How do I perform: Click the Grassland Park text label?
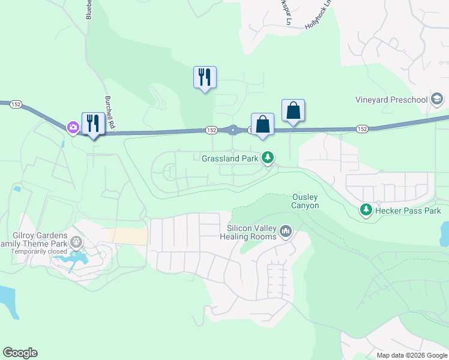pos(230,158)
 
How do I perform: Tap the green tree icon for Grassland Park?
pos(268,158)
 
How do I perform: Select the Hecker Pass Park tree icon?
pos(366,210)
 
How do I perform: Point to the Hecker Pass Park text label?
pos(408,211)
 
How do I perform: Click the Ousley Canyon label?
pos(305,201)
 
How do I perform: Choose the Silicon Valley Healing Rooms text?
pos(252,232)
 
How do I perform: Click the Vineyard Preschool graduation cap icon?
pos(437,99)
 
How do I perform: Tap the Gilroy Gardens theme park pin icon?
pos(76,242)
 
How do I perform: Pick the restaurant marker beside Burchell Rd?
pos(93,124)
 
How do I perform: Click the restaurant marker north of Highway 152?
pos(205,77)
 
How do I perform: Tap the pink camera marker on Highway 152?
pos(73,127)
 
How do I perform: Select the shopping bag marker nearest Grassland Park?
pos(262,124)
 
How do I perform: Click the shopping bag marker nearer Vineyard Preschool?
pos(293,110)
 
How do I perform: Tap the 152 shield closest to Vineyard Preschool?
pos(361,129)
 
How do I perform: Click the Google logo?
pos(20,353)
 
